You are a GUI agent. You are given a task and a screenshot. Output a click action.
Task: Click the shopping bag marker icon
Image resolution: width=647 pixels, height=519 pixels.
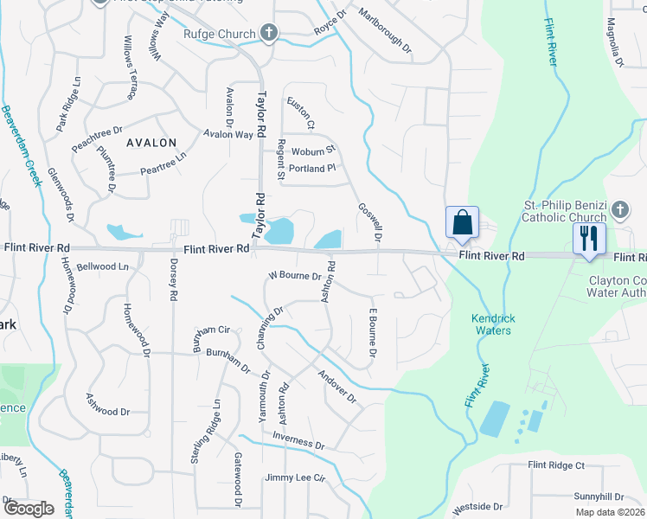463,222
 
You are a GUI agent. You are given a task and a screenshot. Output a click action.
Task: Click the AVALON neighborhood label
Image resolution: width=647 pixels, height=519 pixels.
151,143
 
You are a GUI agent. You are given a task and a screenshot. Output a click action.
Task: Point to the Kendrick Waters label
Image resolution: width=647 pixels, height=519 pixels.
492,324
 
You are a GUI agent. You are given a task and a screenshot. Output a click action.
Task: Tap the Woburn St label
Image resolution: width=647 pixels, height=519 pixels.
312,151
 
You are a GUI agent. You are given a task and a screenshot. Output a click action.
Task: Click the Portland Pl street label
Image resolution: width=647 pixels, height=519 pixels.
311,169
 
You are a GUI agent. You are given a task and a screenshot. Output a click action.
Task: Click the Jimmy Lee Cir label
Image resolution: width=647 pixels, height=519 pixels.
294,477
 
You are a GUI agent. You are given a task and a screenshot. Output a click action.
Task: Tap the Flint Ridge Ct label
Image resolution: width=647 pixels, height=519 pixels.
557,465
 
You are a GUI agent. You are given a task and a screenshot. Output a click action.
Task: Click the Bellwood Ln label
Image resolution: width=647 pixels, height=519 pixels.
102,266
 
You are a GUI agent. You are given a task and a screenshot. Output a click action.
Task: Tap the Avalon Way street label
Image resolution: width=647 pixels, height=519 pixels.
228,134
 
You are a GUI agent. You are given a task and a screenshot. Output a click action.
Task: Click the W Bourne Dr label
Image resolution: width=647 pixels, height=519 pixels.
295,277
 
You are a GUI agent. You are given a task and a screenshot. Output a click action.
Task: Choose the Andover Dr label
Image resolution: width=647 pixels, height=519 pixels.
337,387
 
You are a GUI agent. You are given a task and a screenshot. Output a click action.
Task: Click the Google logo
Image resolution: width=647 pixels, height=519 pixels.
28,509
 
